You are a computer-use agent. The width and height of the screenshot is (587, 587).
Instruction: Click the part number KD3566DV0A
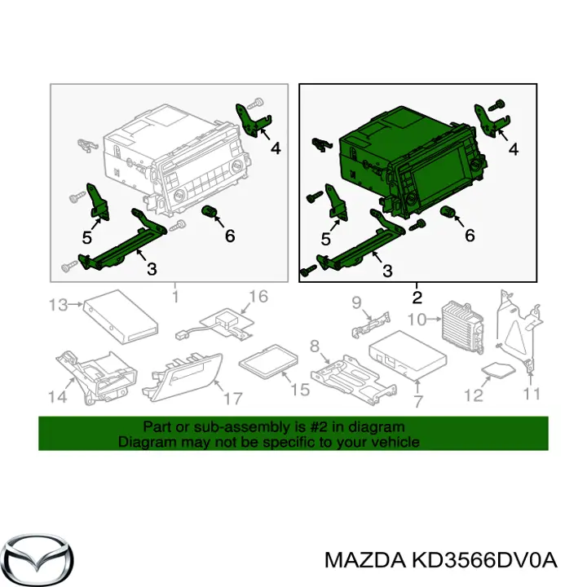click(484, 561)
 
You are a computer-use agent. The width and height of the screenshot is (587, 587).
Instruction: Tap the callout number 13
click(58, 305)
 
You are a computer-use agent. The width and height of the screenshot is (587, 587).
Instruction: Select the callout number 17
click(232, 399)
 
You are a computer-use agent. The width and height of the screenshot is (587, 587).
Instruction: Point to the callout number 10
click(417, 320)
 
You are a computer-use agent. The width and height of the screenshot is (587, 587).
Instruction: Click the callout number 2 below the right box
click(417, 298)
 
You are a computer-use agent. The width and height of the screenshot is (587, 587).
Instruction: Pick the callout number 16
click(258, 297)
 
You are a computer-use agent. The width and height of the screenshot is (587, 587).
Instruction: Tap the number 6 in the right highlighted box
click(470, 236)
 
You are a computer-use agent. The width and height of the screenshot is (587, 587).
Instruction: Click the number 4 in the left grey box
click(276, 148)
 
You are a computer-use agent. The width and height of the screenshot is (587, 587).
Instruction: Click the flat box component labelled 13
click(121, 316)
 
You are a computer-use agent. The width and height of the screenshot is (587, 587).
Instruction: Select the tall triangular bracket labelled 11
click(519, 330)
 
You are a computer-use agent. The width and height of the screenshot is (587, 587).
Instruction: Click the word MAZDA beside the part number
click(365, 561)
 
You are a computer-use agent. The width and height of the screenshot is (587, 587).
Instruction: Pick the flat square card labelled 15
click(269, 362)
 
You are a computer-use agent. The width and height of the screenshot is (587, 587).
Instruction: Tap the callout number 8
click(315, 346)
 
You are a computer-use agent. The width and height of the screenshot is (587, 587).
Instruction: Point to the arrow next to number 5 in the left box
click(96, 224)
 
